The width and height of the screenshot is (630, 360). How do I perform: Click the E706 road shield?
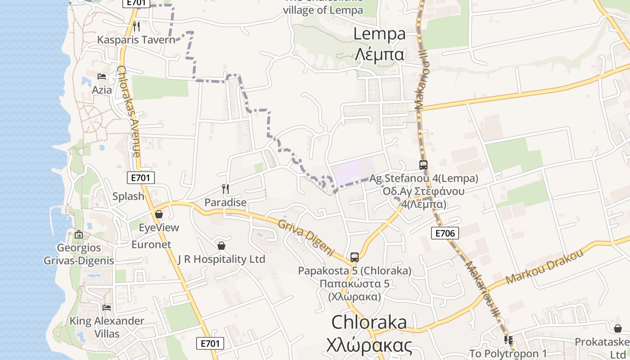[445, 233]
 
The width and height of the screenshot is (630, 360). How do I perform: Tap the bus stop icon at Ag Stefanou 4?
[423, 165]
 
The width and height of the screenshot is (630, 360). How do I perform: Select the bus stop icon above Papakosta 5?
[355, 257]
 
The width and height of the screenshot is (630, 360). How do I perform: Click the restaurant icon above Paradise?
[225, 189]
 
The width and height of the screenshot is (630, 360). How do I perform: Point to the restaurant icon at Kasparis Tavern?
[136, 27]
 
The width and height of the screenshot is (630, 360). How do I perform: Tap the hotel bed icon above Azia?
[102, 76]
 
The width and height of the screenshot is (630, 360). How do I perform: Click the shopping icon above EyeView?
[158, 214]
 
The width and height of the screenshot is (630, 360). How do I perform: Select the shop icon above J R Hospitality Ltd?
[221, 246]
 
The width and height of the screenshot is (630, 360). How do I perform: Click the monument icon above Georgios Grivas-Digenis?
[79, 234]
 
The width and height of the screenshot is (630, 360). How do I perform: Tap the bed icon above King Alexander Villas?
[107, 308]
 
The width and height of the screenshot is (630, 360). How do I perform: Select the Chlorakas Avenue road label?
[129, 112]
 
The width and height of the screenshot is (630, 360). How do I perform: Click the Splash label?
[128, 196]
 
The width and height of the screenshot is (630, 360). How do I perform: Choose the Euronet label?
[151, 245]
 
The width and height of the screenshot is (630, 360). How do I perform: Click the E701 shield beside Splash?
[140, 178]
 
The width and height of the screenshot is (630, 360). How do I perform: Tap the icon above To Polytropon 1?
[508, 340]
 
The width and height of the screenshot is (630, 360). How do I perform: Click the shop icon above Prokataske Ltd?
[617, 328]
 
